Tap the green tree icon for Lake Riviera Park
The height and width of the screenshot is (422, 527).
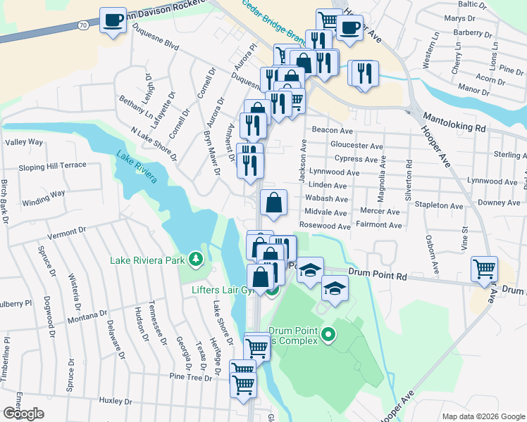click(x=196, y=260)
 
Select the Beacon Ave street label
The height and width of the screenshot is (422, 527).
click(x=332, y=131)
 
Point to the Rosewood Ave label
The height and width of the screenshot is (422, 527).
click(x=324, y=226)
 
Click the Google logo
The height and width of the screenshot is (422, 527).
click(x=23, y=414)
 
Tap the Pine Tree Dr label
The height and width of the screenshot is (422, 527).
click(x=190, y=378)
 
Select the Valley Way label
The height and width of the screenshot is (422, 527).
click(x=24, y=142)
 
